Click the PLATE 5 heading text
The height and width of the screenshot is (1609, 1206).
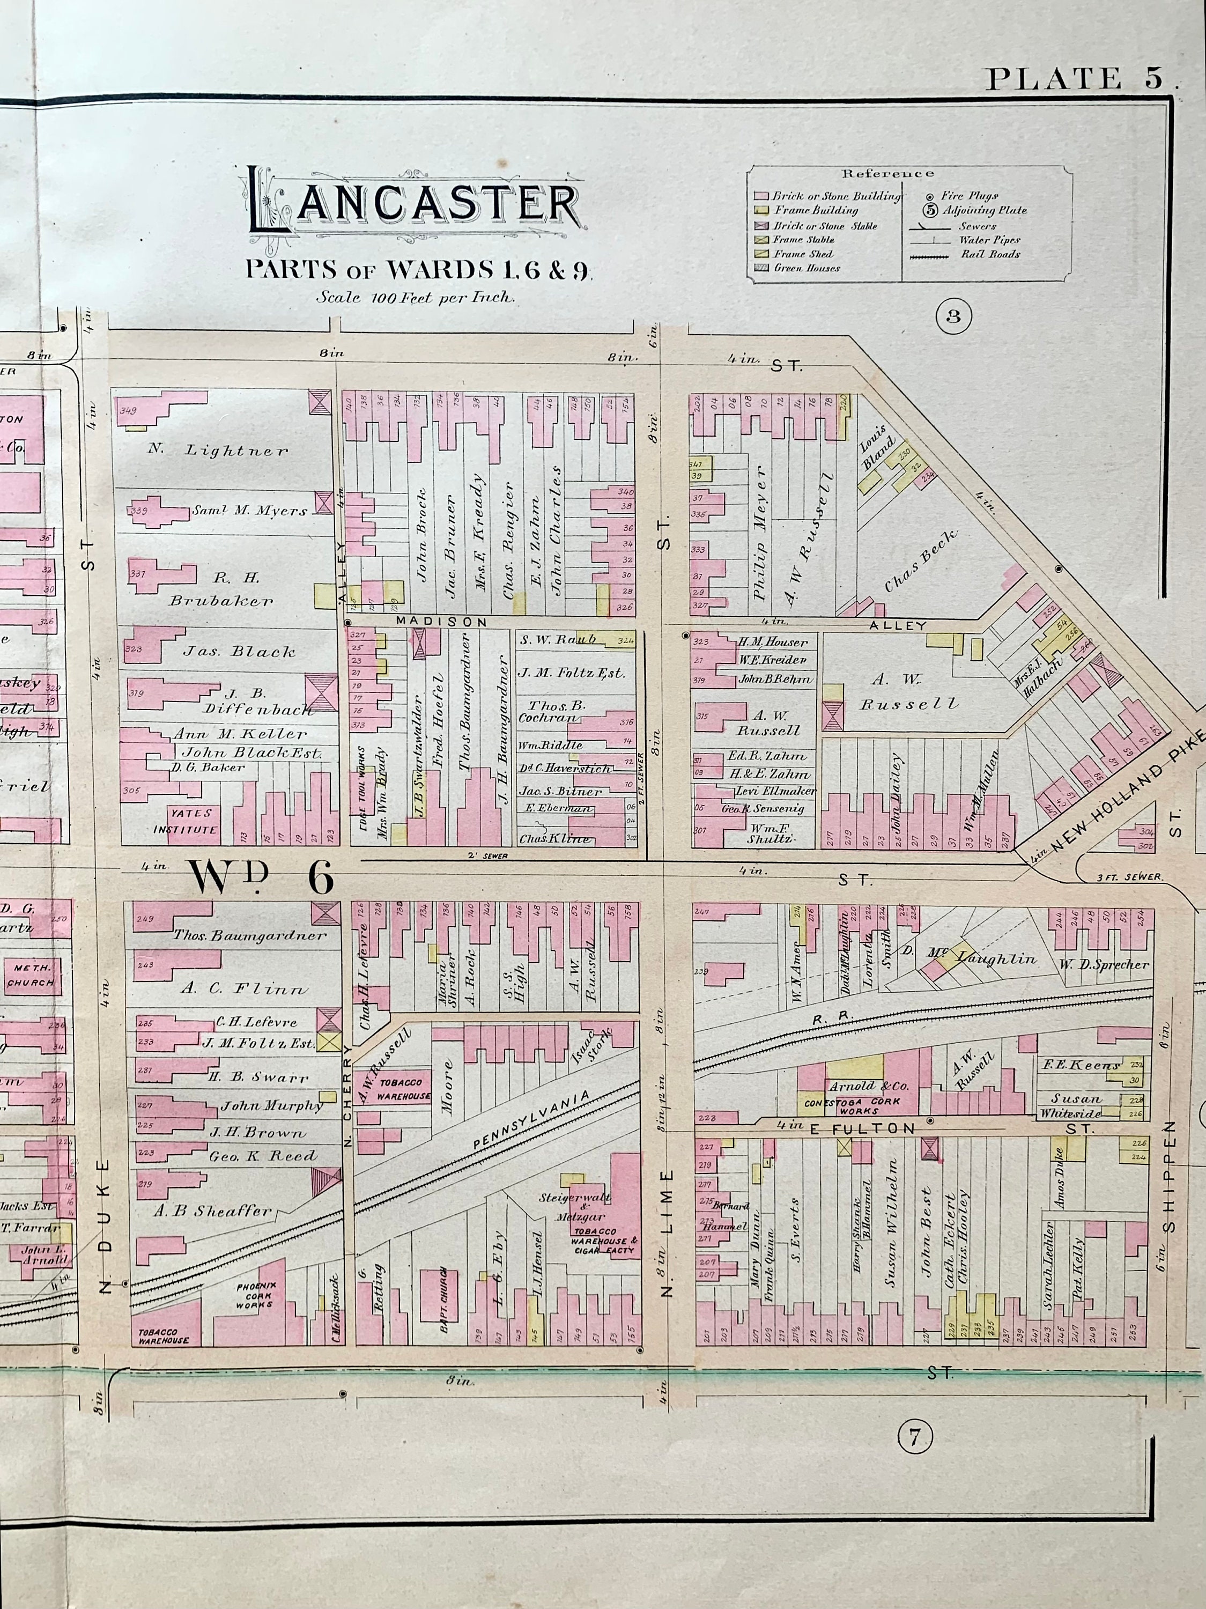(1079, 78)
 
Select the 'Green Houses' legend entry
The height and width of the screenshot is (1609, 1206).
(806, 268)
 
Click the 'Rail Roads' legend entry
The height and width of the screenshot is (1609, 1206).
(990, 255)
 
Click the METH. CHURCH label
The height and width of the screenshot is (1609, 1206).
(31, 976)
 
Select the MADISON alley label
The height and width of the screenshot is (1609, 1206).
(441, 622)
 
